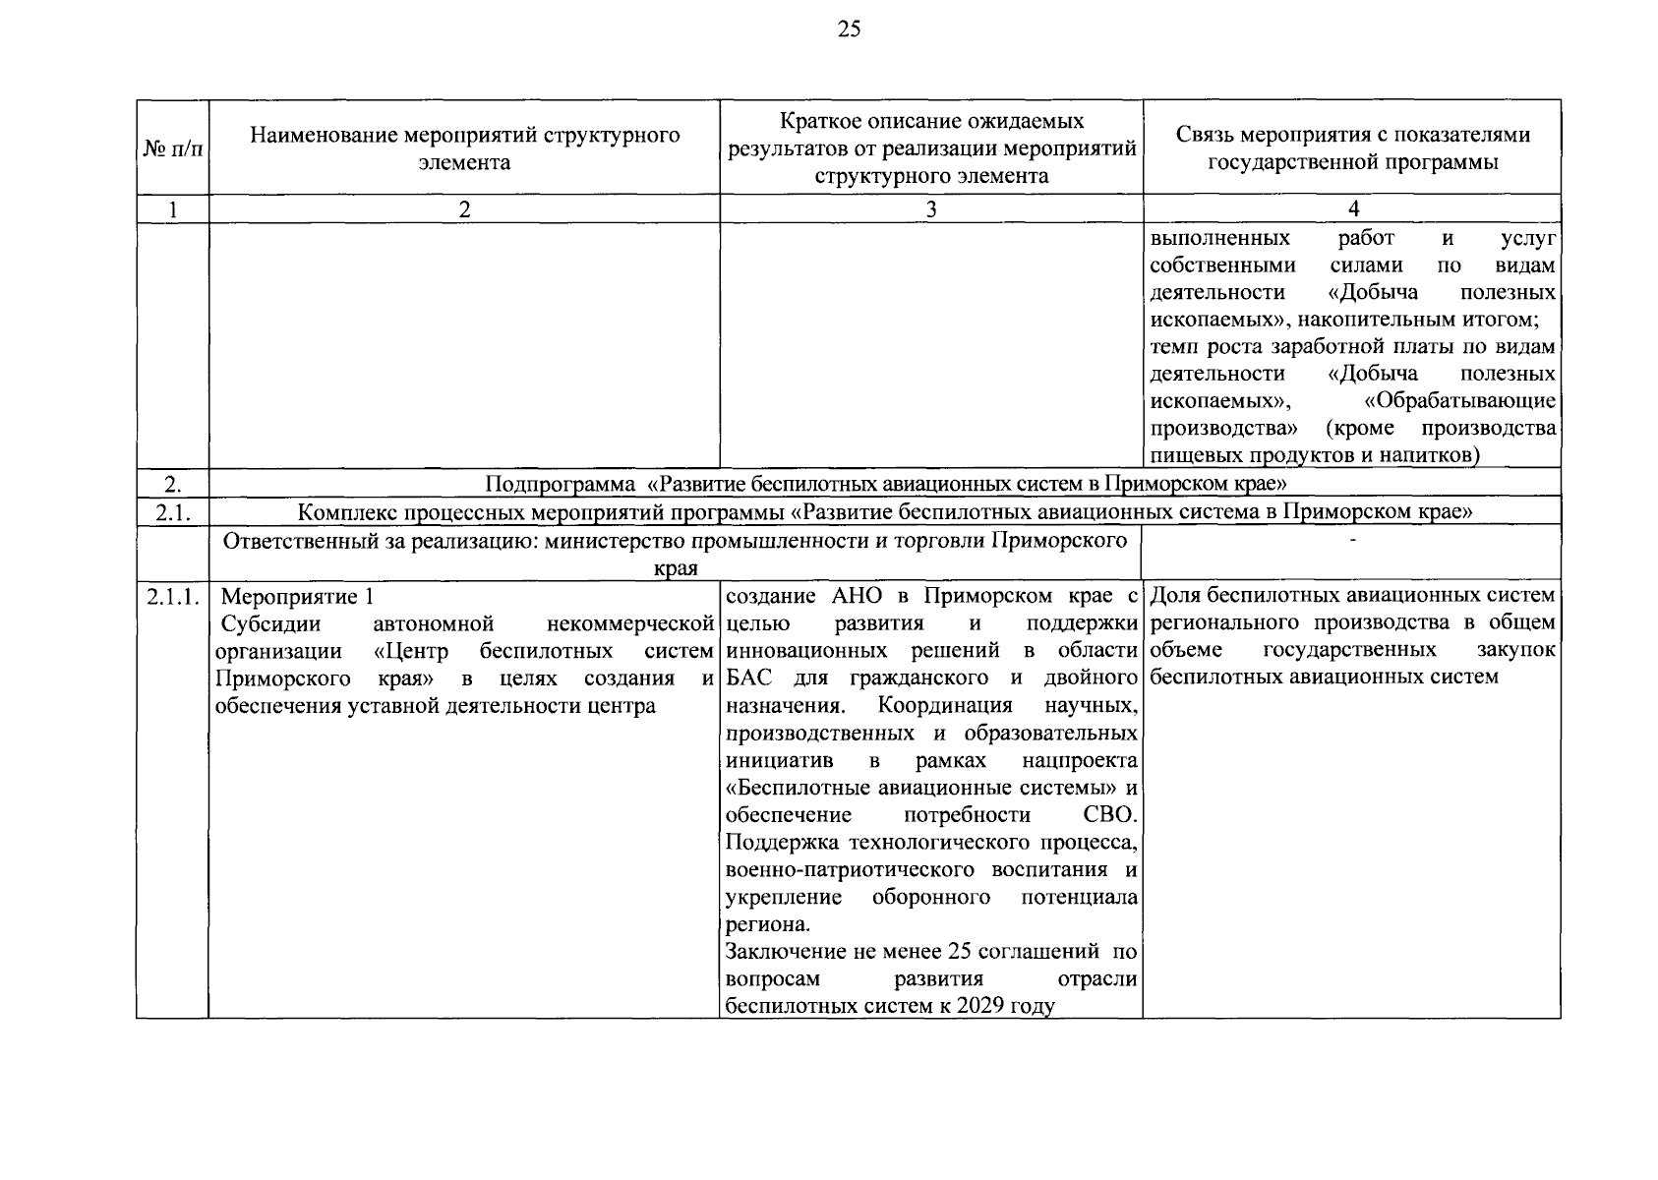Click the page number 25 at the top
(x=849, y=29)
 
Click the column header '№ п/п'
(x=173, y=148)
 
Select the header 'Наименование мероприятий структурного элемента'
(x=464, y=148)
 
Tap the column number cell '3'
(x=930, y=208)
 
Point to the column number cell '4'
(x=1353, y=208)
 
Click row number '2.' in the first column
(x=173, y=483)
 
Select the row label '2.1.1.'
(x=173, y=596)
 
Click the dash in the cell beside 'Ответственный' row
(x=1353, y=540)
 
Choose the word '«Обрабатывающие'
(x=1460, y=401)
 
